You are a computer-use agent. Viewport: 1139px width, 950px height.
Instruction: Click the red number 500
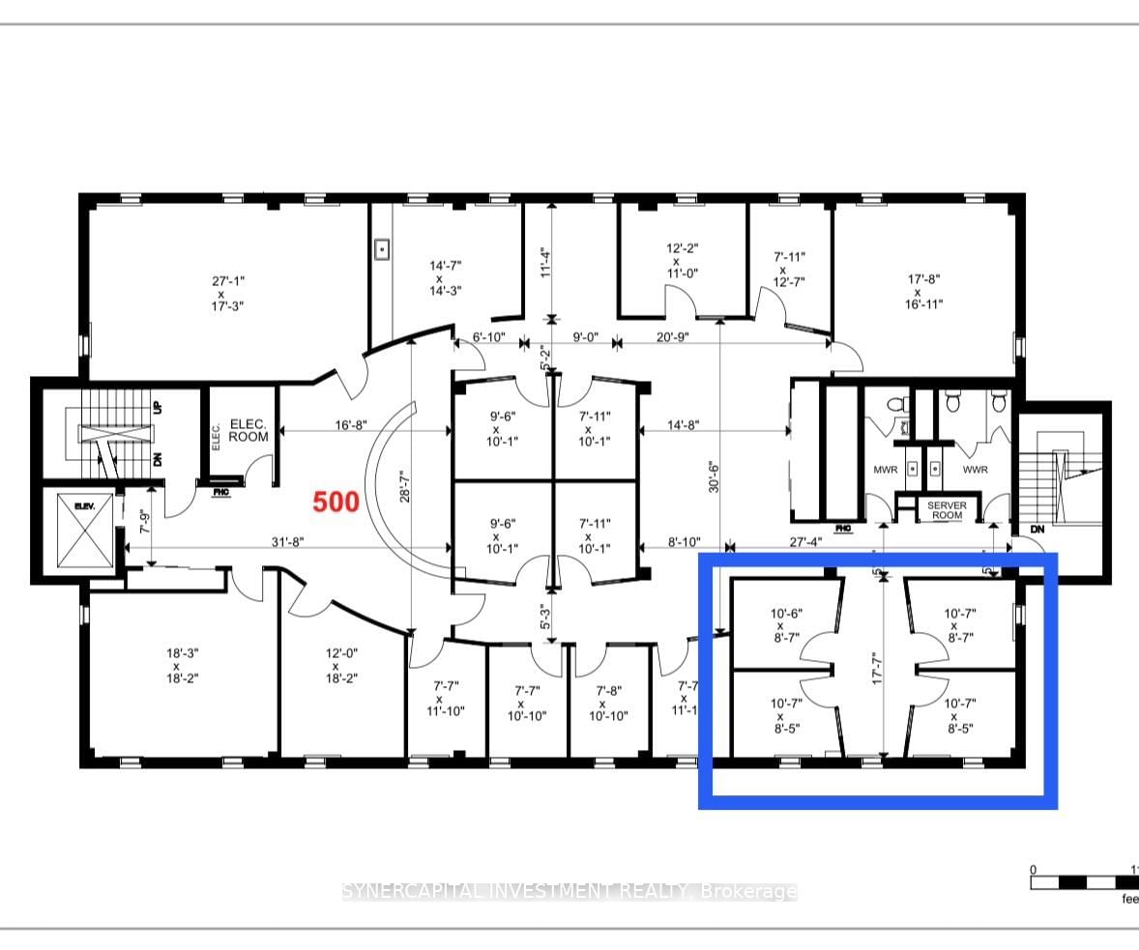point(336,502)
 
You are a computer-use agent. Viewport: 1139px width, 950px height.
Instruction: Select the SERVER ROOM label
point(947,510)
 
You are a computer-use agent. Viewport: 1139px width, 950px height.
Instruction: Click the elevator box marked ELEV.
point(84,531)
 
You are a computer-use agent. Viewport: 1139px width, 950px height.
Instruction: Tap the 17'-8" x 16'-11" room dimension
point(924,292)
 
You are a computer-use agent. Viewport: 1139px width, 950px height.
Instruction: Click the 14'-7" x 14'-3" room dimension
point(446,278)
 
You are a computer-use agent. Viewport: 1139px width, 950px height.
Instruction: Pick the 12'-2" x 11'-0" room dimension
point(676,261)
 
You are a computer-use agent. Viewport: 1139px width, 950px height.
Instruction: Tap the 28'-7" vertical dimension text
point(407,479)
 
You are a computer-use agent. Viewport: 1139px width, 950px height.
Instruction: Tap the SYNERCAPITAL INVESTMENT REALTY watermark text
point(569,891)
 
